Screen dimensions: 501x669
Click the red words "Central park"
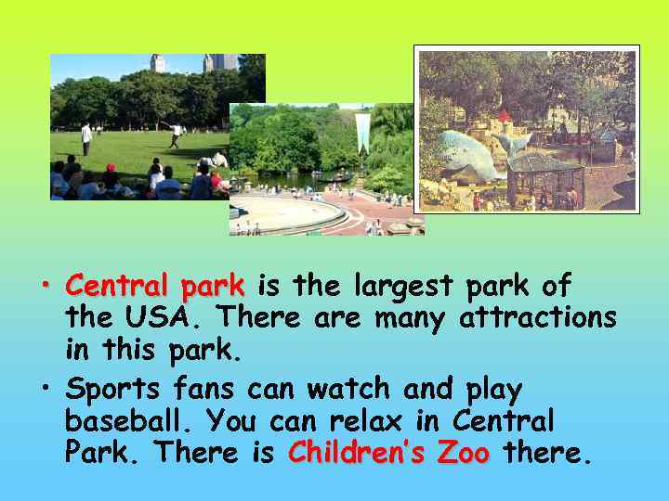click(x=155, y=285)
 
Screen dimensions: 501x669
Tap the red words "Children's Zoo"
click(x=388, y=454)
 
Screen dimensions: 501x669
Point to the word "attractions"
click(x=537, y=319)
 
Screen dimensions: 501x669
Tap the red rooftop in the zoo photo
click(x=504, y=116)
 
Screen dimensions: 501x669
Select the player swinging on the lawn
click(x=174, y=135)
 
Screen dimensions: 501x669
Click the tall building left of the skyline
click(x=158, y=64)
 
